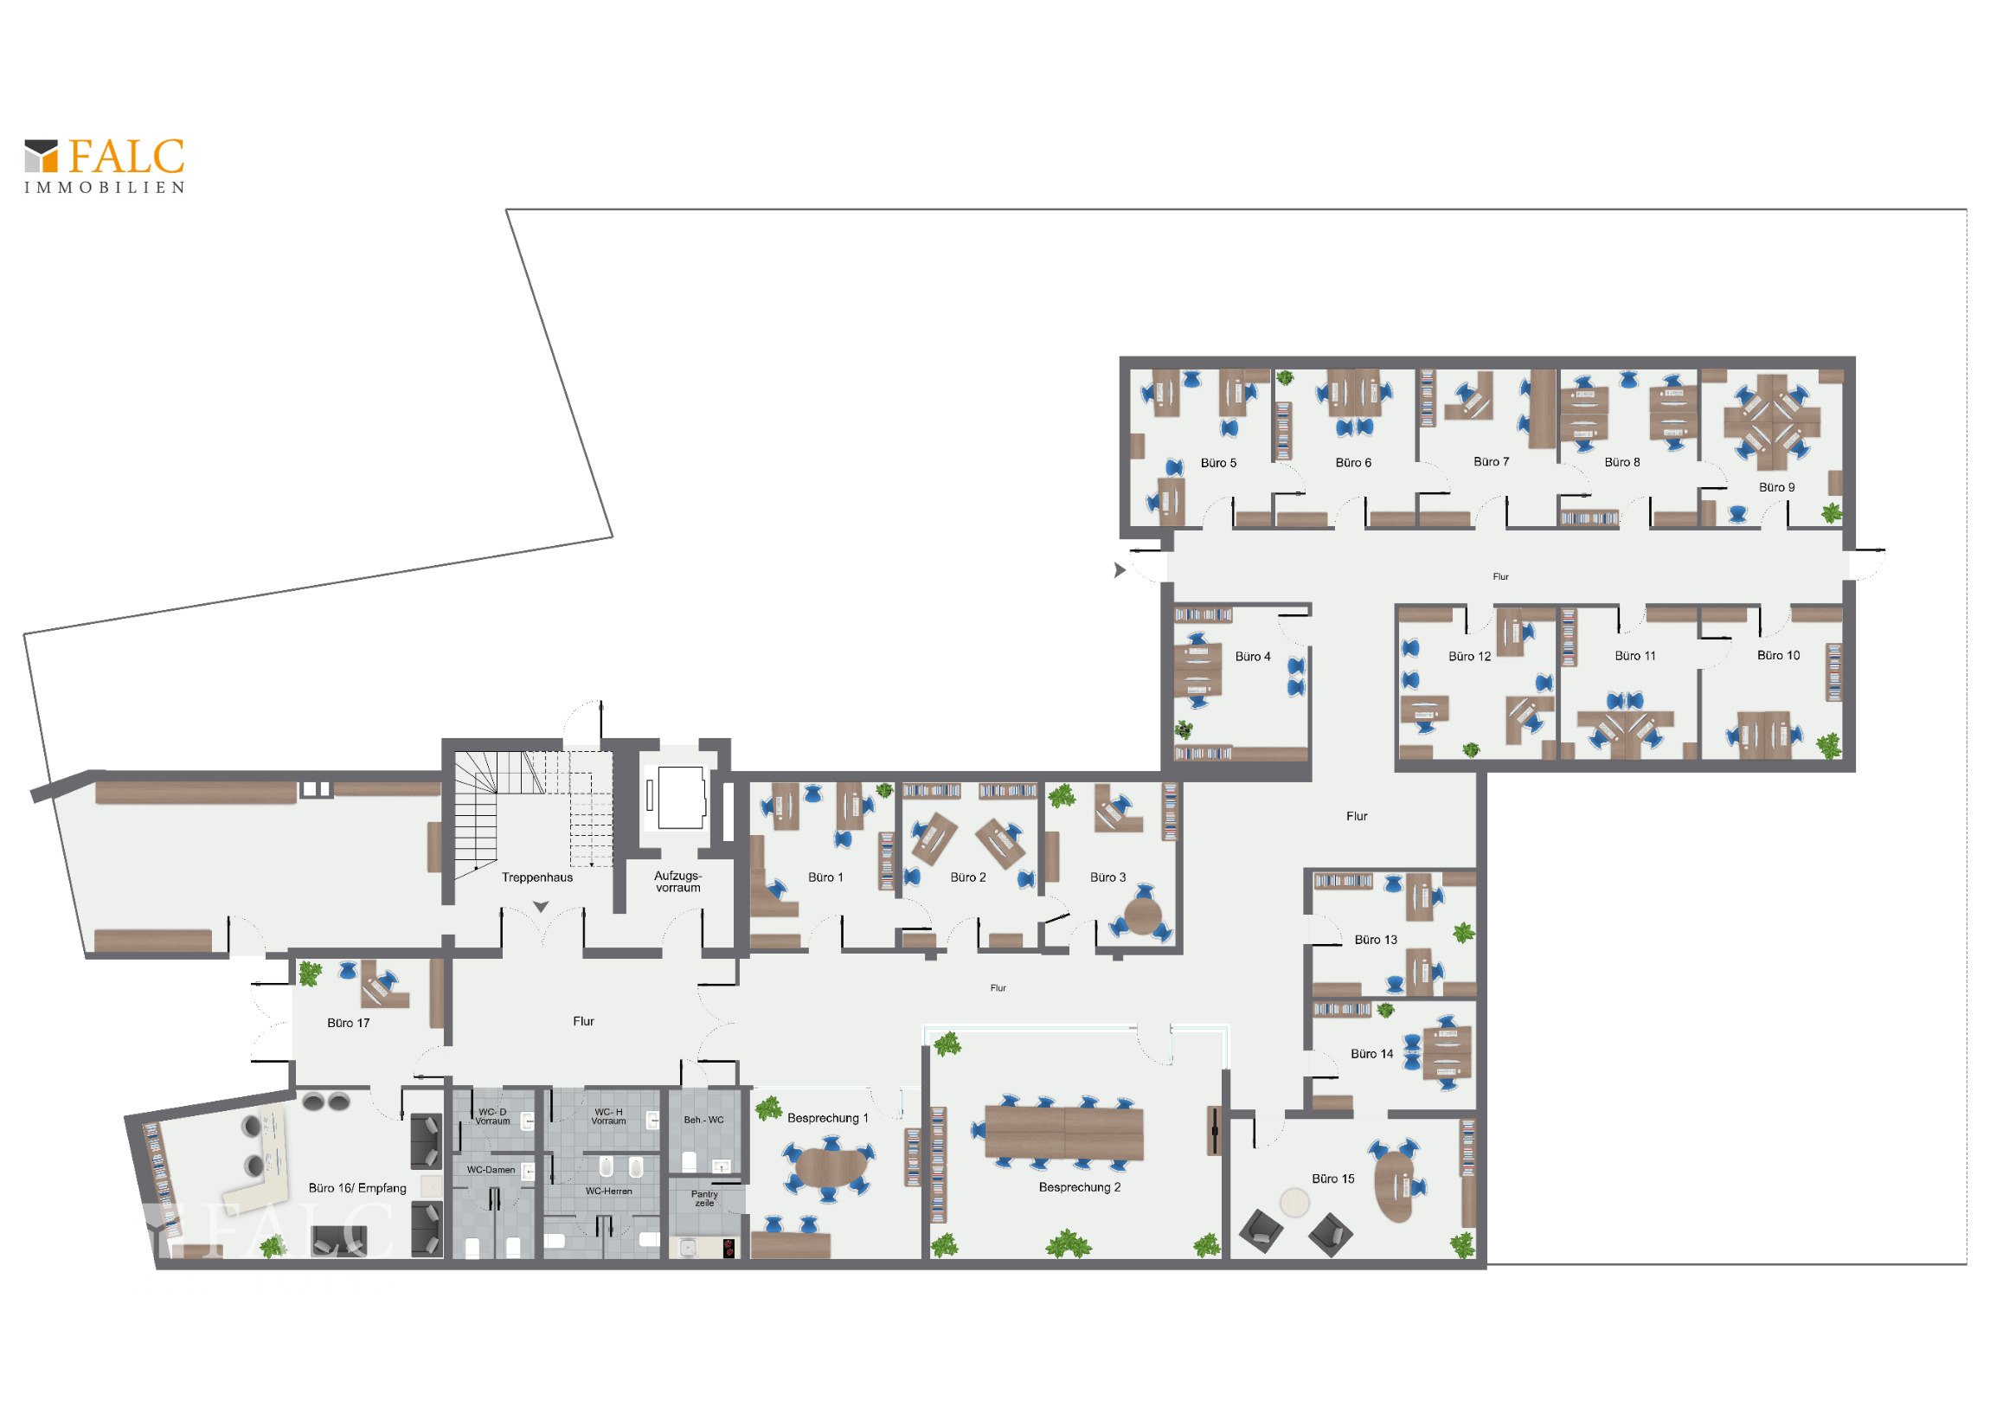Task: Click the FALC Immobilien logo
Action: [104, 165]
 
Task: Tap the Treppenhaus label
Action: [537, 877]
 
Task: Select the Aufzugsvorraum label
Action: [677, 882]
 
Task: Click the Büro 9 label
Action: [1777, 487]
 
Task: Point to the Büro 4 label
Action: [1253, 656]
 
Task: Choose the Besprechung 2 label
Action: [1080, 1187]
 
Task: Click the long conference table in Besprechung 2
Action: [1064, 1133]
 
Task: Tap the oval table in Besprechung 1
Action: [831, 1167]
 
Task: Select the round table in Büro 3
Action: [1143, 916]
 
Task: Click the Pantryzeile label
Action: [703, 1198]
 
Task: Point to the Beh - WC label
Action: [703, 1120]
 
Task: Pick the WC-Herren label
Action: [608, 1192]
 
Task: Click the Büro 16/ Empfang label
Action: [357, 1188]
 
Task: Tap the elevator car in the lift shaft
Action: [680, 798]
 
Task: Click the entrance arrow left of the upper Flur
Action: [1120, 570]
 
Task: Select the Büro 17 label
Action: [349, 1023]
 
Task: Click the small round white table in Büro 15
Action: [1295, 1203]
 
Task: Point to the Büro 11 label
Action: [1634, 655]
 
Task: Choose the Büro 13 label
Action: [1376, 940]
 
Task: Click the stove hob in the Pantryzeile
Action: [729, 1249]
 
